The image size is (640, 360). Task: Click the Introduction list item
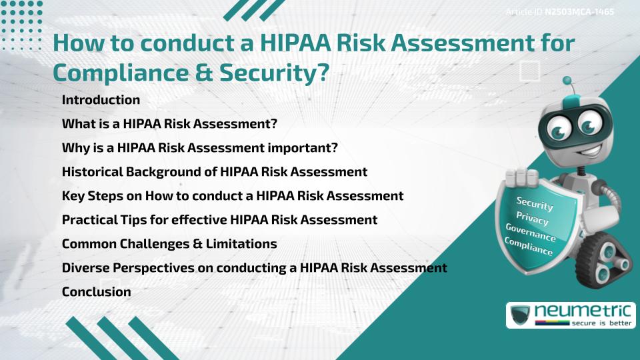101,99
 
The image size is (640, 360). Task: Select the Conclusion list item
96,291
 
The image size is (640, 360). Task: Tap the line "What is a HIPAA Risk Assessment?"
169,123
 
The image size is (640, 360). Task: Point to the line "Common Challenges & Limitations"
169,244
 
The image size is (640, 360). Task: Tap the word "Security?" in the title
274,73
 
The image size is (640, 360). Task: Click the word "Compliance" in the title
121,73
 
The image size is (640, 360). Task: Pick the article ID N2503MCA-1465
579,12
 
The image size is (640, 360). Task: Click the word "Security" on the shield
535,203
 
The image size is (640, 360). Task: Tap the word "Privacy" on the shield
532,218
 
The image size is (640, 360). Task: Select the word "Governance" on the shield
531,232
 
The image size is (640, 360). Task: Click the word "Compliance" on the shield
529,246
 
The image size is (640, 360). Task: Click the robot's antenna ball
567,81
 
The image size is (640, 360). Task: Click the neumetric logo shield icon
521,315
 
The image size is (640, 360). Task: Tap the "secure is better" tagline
601,323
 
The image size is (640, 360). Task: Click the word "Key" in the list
72,196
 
